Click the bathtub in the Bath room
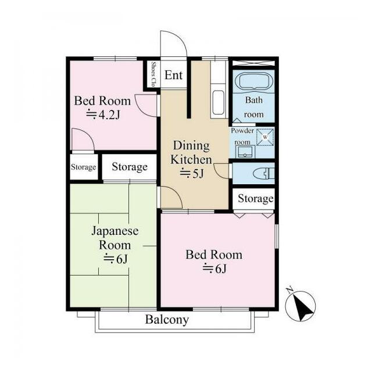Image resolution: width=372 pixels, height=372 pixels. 253,81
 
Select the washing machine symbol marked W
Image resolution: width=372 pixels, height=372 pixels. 265,137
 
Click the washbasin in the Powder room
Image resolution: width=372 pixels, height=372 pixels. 245,152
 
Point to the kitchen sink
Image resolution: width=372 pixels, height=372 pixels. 218,102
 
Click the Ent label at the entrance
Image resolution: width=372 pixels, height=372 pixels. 173,75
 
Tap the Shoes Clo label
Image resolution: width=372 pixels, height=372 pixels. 153,74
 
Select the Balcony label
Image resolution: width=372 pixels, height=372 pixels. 167,319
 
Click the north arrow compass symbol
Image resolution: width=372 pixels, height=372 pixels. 301,306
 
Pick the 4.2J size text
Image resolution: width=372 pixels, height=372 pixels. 103,115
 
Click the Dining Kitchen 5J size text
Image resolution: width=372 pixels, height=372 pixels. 192,173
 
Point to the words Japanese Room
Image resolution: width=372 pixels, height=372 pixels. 115,238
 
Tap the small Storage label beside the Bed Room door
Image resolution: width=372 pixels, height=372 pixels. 84,167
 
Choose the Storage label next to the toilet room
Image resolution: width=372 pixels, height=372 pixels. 256,199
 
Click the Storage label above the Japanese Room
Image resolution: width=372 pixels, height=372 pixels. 130,167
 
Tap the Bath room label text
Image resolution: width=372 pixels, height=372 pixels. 254,107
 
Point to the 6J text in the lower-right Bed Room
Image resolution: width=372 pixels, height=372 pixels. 214,269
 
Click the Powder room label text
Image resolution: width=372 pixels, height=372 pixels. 242,136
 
